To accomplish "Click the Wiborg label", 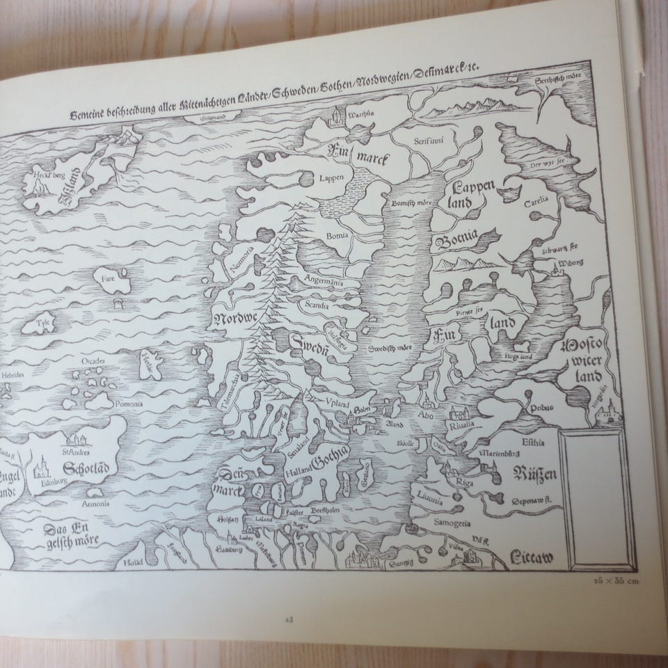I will (x=568, y=263).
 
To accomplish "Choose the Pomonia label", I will (x=129, y=404).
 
